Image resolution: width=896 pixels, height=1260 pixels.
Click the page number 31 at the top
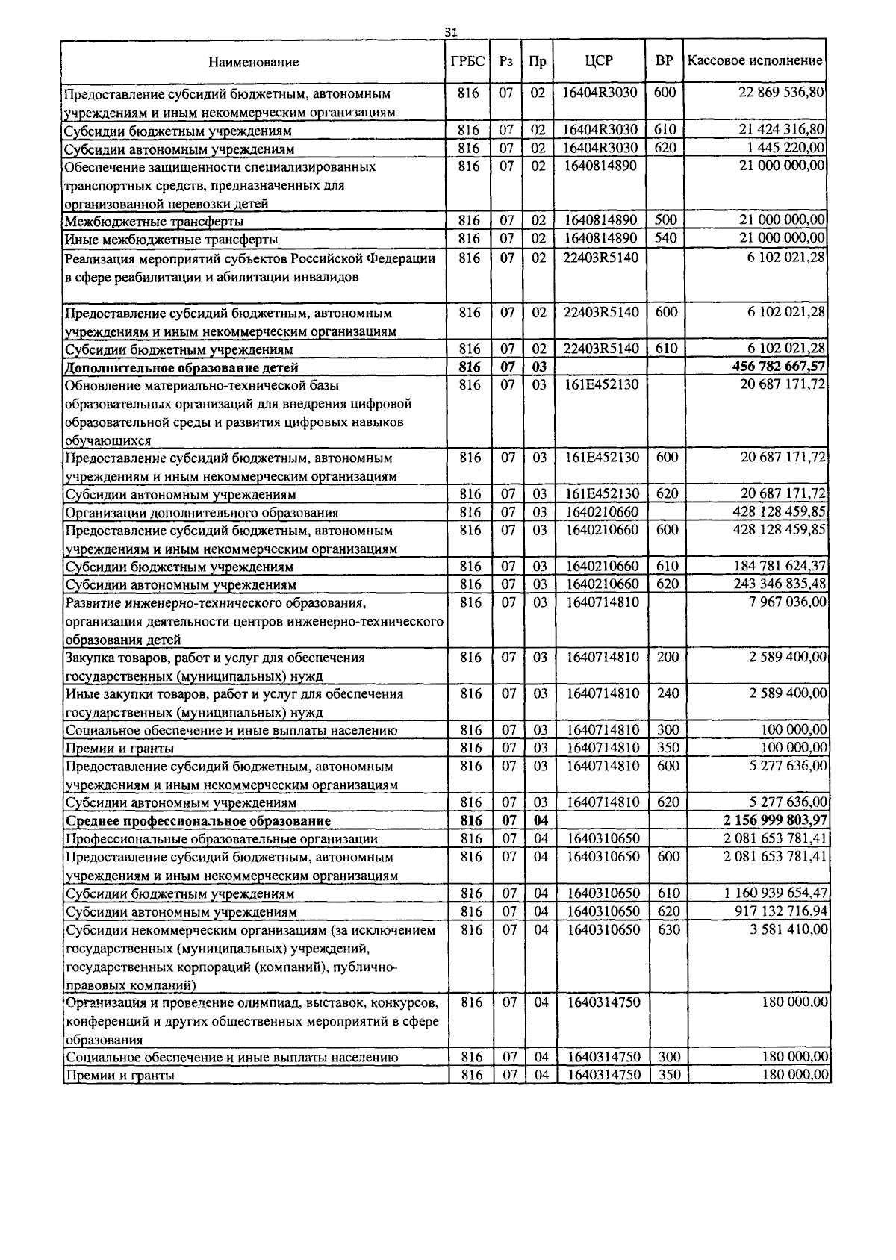click(x=450, y=32)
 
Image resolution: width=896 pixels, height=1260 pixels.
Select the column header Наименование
click(x=253, y=62)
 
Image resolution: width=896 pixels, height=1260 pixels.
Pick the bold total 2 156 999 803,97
click(x=774, y=821)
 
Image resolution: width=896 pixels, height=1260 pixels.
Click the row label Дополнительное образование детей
click(x=181, y=368)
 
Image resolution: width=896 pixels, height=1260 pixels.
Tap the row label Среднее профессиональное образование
click(x=198, y=821)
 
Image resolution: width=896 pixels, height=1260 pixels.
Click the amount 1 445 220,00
click(x=786, y=148)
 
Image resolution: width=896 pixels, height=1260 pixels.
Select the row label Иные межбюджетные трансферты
click(x=172, y=240)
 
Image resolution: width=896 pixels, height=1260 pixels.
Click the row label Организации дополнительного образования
click(x=202, y=513)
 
